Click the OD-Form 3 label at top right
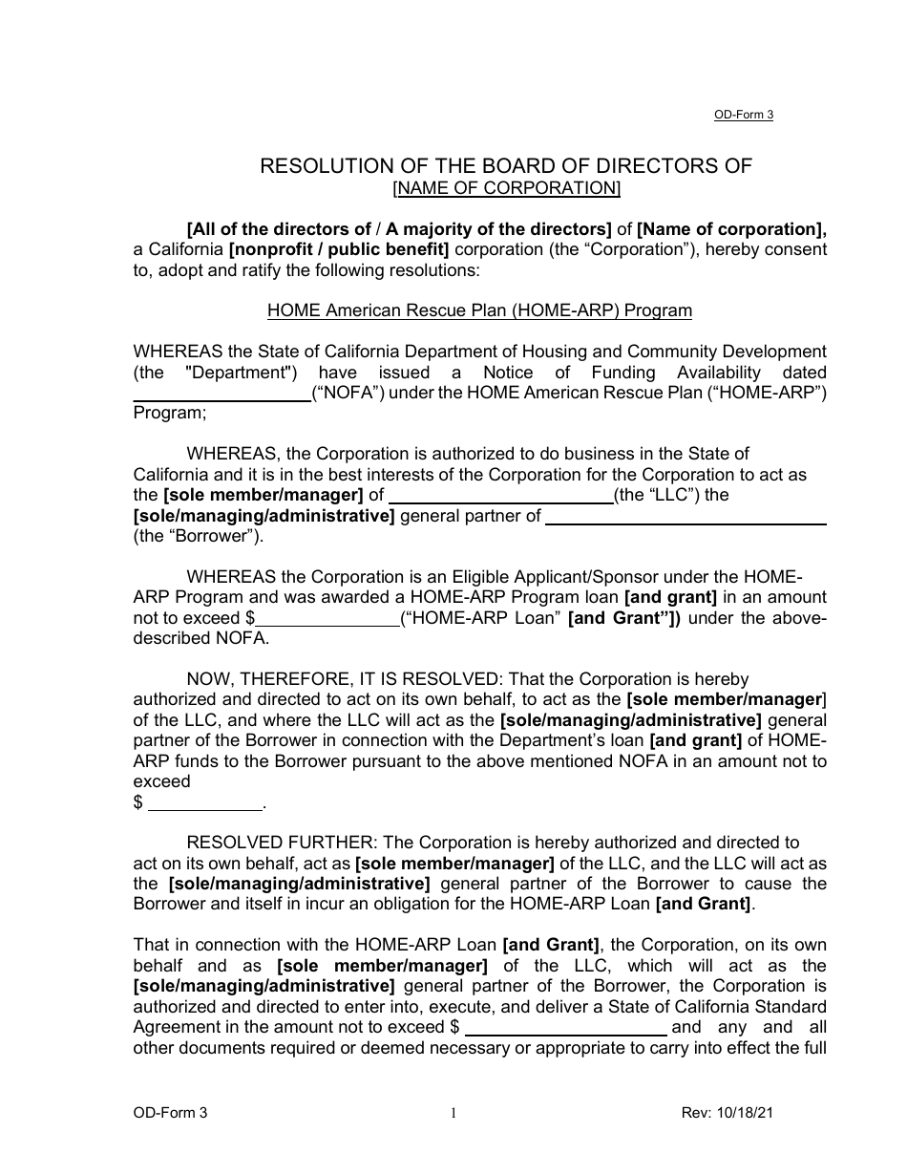743,115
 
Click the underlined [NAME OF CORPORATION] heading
506,188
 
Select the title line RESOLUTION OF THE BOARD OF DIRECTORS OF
506,166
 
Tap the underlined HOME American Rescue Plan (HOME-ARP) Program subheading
479,310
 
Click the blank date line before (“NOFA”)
221,394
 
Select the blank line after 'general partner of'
686,517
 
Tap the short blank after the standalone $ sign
205,802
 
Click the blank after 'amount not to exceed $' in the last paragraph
565,1028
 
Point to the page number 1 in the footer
453,1113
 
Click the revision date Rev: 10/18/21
728,1113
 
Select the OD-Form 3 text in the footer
170,1113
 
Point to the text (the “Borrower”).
199,536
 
